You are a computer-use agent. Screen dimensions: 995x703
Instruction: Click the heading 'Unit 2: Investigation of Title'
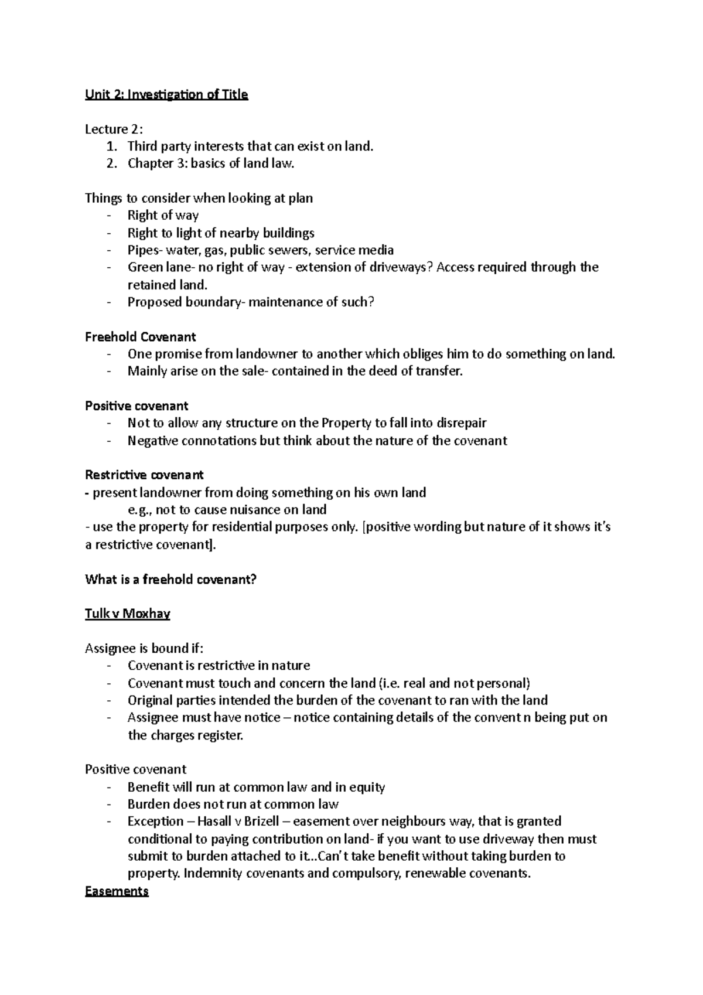166,94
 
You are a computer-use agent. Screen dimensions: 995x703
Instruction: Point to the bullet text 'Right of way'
163,215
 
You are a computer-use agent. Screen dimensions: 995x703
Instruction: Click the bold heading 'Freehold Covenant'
140,337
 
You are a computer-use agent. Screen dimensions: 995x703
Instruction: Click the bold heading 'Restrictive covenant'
144,475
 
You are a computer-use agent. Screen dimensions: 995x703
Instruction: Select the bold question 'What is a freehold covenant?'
171,580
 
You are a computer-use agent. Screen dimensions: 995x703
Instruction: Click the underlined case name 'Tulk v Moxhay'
127,614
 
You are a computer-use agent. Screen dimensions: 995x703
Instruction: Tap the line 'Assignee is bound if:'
144,648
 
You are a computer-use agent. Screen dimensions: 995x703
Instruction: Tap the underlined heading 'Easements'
117,891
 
